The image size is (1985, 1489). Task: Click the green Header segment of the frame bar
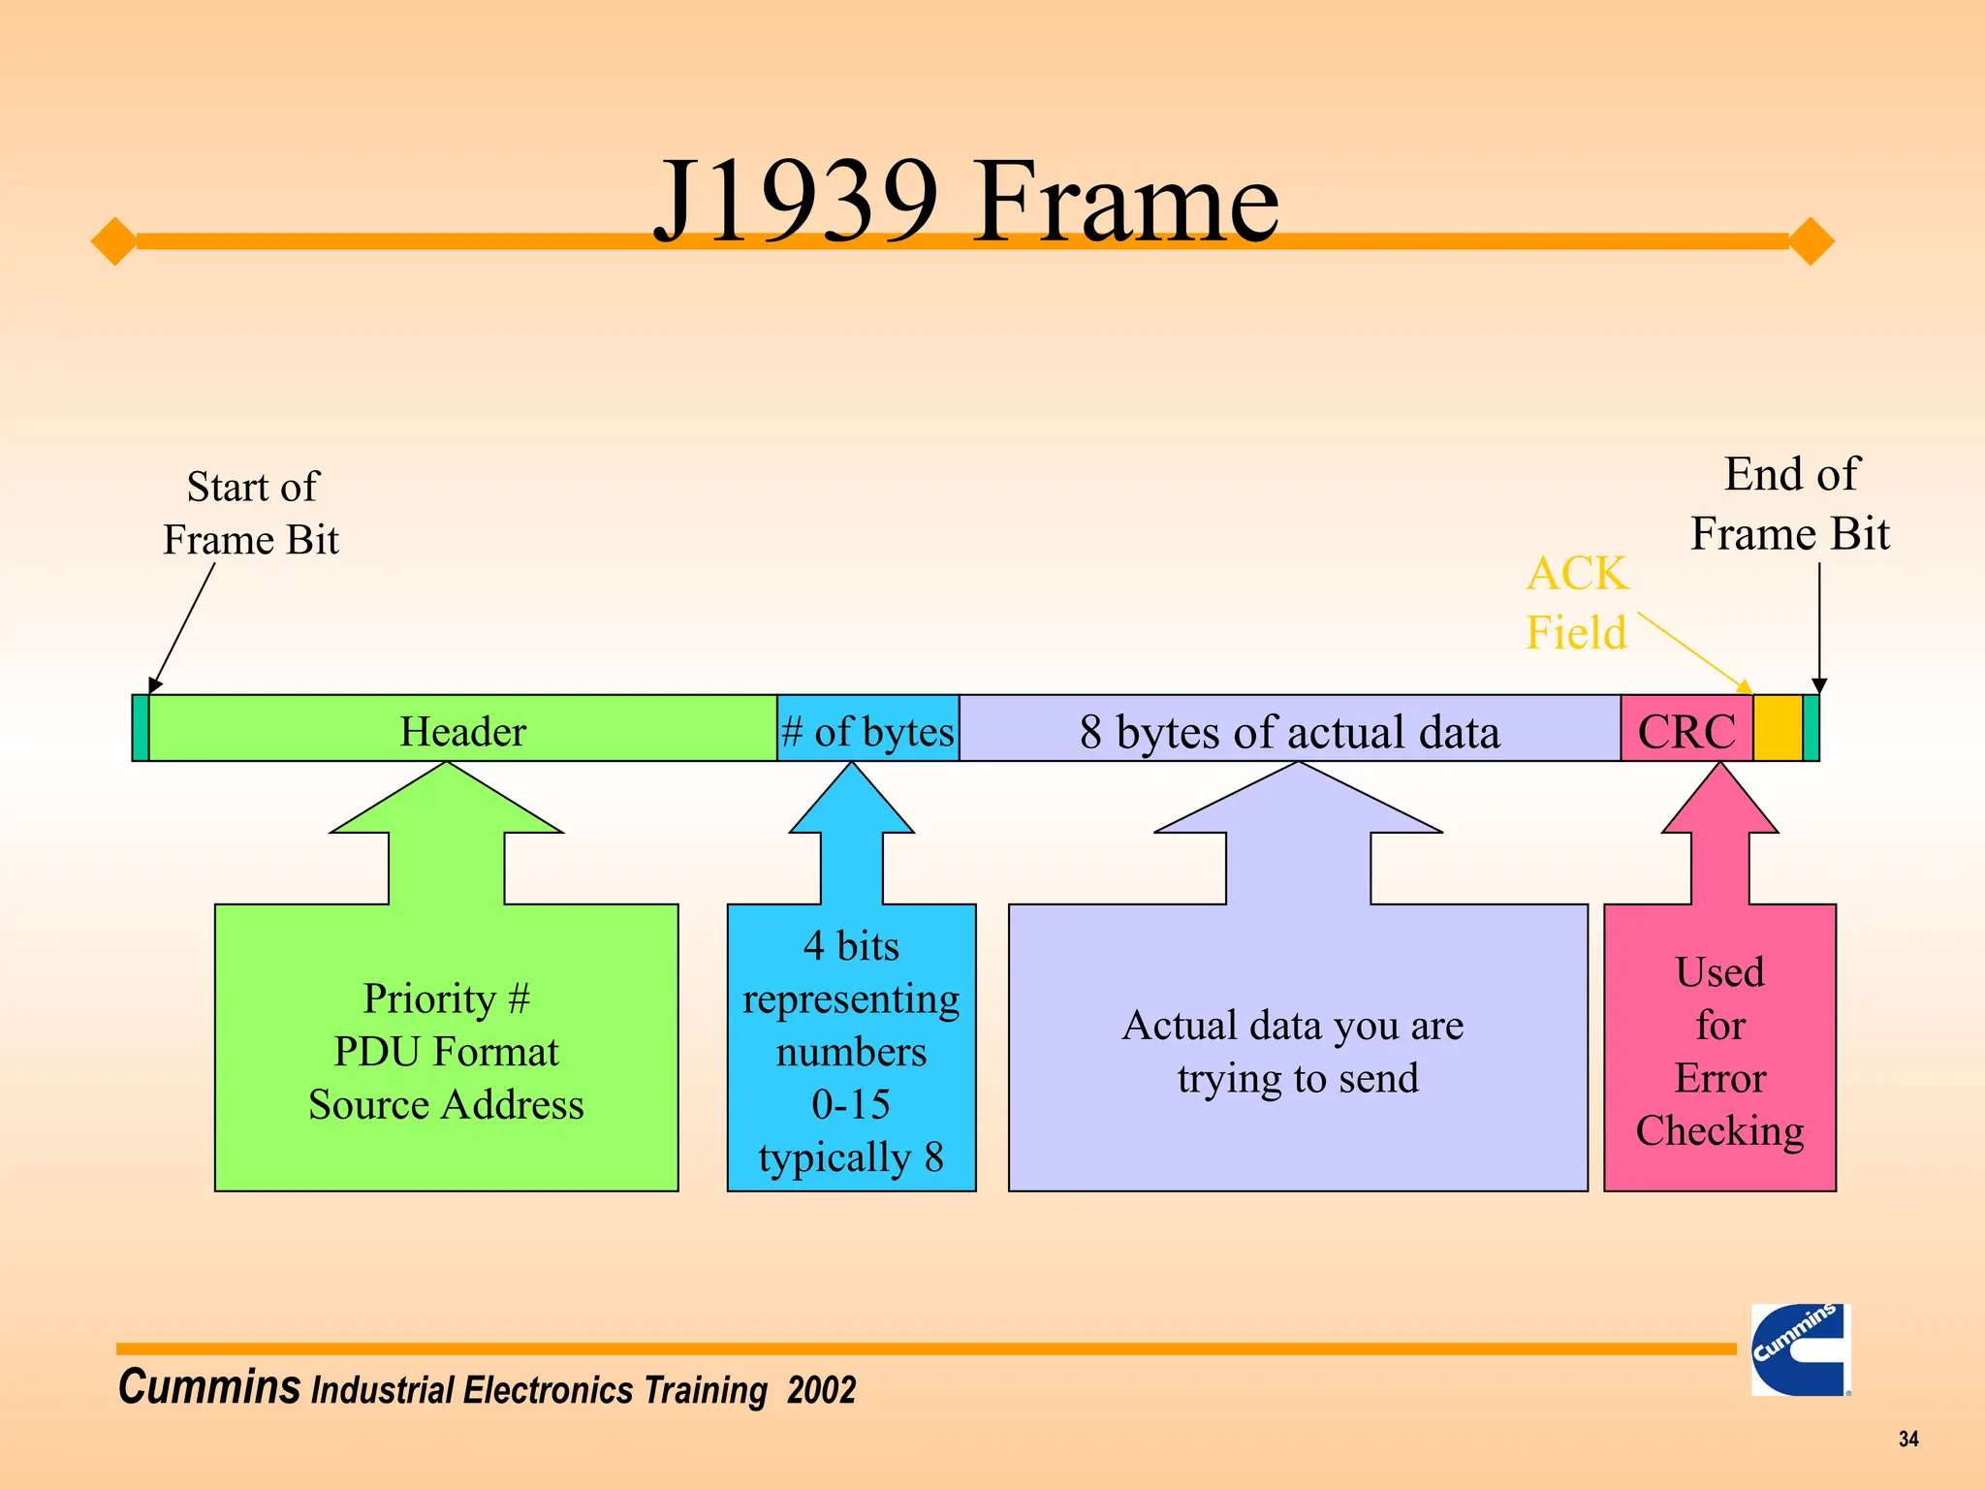463,730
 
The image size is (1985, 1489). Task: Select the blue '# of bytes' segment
868,730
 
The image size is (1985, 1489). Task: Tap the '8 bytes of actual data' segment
1289,730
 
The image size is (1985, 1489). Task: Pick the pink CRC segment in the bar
1686,730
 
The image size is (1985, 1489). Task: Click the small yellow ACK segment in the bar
1778,728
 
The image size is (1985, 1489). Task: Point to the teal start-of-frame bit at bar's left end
141,728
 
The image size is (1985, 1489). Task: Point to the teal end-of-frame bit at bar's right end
1811,728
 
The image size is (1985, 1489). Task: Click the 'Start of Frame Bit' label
251,513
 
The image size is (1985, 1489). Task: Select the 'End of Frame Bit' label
1790,504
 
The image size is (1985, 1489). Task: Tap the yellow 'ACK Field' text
1577,603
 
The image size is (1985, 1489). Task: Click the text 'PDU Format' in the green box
446,1052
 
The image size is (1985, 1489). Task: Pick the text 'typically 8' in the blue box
851,1156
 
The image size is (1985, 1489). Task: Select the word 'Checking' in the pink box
1719,1131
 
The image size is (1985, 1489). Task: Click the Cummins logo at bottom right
1800,1349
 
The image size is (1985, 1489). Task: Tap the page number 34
1907,1439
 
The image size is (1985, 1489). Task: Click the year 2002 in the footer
821,1390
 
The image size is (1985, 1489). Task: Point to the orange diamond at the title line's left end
114,240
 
